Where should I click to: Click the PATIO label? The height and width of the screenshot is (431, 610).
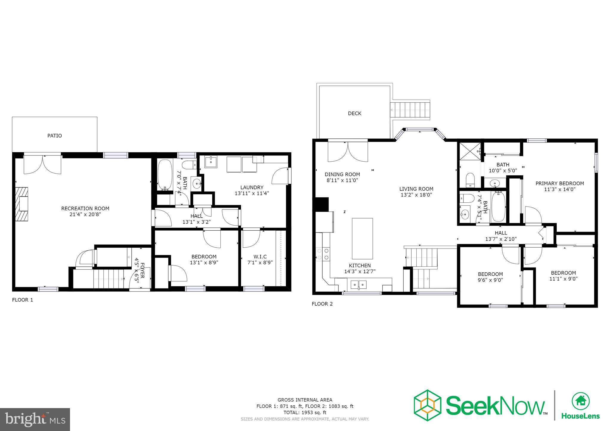[55, 136]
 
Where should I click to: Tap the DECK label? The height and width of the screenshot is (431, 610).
[354, 113]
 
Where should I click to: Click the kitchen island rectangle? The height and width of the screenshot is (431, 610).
[362, 238]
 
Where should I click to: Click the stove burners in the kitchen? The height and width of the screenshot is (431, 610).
[323, 254]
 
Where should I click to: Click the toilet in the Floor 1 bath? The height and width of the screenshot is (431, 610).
[189, 164]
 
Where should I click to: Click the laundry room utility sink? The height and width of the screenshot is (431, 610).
[211, 162]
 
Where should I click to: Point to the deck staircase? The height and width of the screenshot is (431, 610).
[410, 110]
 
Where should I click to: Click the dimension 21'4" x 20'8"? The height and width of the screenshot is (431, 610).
[85, 214]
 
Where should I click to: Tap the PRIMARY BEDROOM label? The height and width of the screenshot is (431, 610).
[559, 183]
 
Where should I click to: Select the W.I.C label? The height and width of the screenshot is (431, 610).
[260, 257]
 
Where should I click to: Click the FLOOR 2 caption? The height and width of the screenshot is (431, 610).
[322, 304]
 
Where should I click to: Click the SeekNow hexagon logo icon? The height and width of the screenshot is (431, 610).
[427, 405]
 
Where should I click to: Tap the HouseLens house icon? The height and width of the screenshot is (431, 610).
[580, 401]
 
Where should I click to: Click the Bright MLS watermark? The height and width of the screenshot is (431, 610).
[35, 419]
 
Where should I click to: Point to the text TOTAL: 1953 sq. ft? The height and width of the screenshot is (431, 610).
[305, 413]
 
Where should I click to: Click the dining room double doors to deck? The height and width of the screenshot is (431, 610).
[348, 152]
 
